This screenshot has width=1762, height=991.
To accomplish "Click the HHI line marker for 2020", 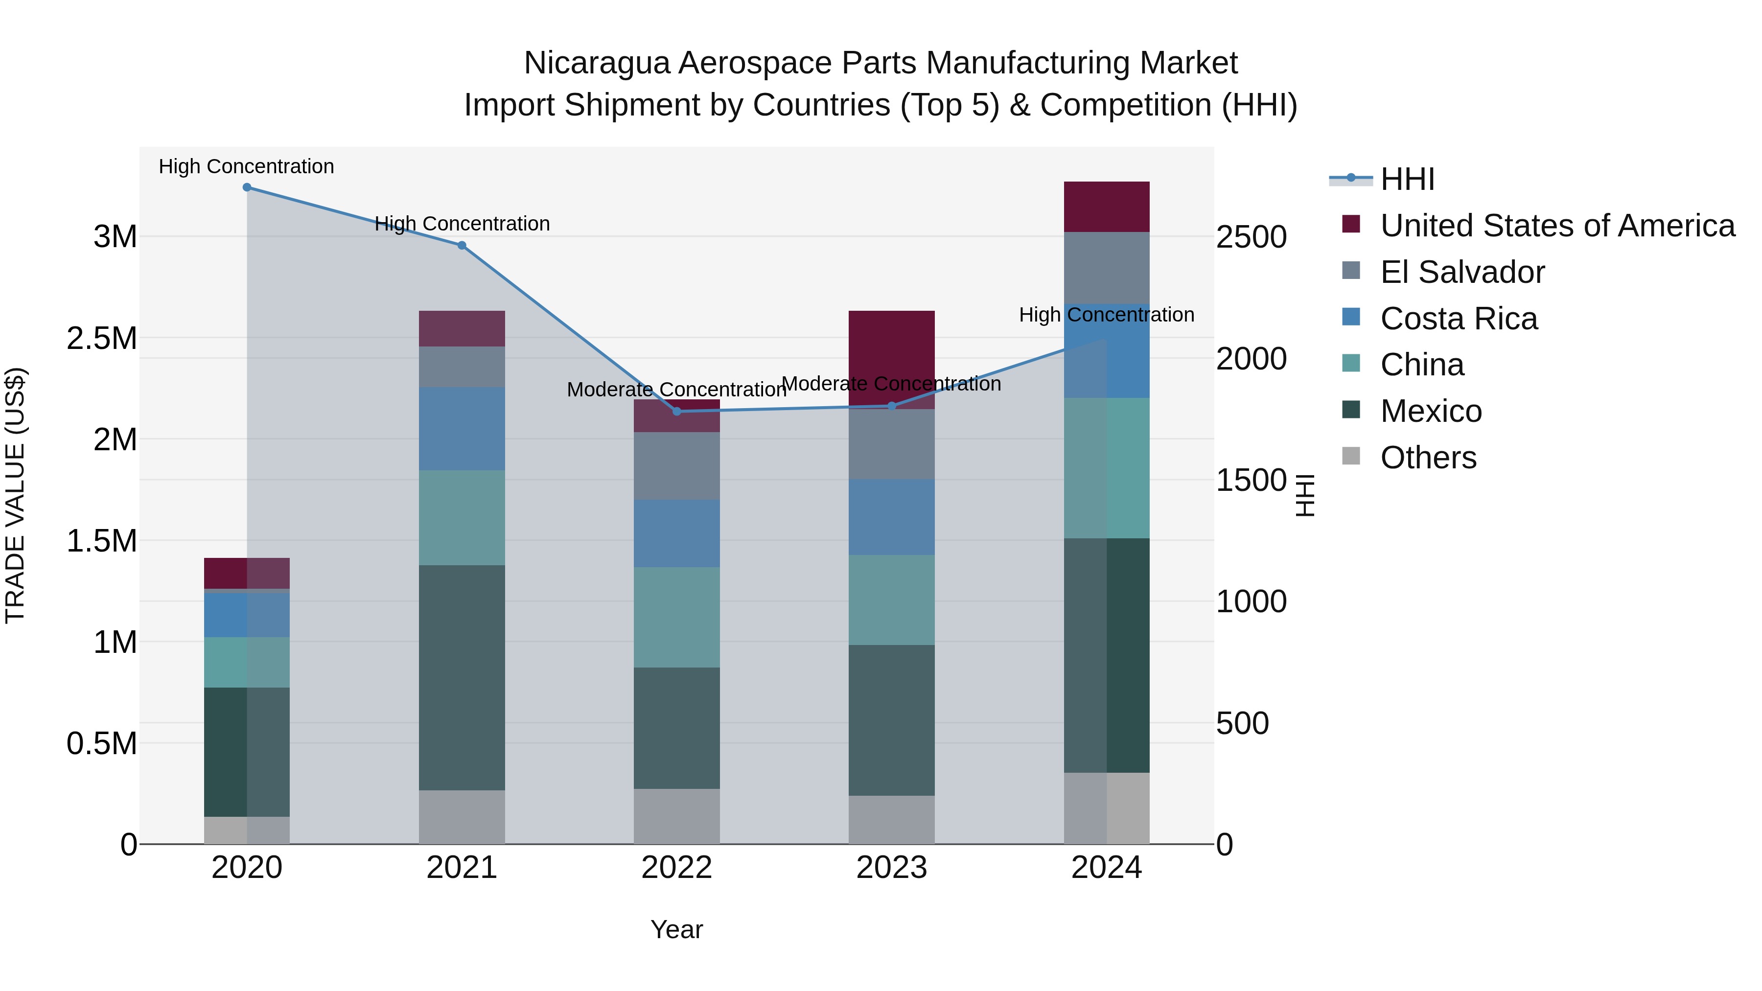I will pos(247,187).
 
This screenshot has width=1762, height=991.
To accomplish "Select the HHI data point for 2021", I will pos(462,246).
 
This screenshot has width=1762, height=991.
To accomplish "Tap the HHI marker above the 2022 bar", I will pos(676,411).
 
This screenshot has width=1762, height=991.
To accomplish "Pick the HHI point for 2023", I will pos(891,406).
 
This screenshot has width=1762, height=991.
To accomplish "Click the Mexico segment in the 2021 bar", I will pos(462,677).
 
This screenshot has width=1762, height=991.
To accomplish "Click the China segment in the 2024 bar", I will pos(1107,468).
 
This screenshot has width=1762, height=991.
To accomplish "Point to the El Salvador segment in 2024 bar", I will pos(1107,267).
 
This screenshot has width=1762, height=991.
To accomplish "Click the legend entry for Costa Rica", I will pos(1459,319).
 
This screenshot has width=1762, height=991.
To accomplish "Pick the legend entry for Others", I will pos(1428,458).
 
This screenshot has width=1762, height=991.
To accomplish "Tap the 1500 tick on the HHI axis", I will pos(1251,480).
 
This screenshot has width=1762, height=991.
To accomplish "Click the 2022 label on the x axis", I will pos(676,868).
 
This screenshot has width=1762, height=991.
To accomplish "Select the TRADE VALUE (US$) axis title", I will pos(15,495).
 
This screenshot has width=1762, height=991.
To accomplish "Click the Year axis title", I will pos(676,929).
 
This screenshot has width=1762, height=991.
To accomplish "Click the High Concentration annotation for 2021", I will pos(462,224).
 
